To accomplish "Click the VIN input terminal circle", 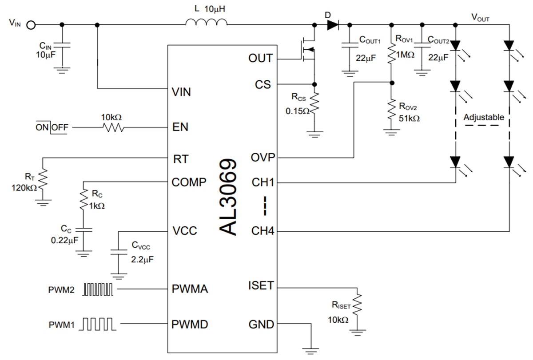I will click(31, 25).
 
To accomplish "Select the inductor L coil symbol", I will click(206, 23).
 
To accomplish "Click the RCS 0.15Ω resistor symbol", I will click(314, 103).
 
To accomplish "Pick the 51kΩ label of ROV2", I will click(409, 119).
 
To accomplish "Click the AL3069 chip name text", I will click(231, 197).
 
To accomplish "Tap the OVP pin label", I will click(263, 158).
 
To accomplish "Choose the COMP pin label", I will click(189, 182).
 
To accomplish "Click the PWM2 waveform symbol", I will click(98, 290).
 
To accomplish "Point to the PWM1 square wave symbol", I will click(98, 324).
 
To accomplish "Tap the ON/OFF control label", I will click(52, 127).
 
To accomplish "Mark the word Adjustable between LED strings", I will click(484, 118).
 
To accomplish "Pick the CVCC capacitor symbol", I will click(118, 252).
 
